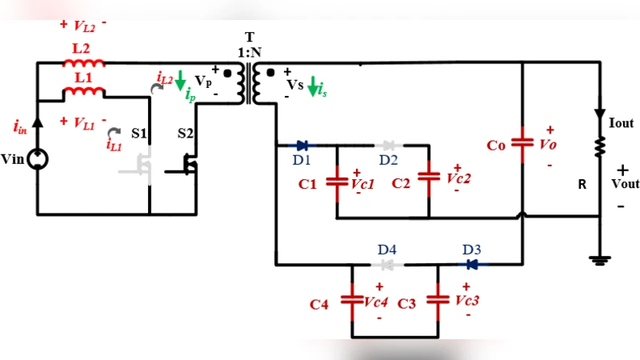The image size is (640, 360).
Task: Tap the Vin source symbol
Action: tap(38, 160)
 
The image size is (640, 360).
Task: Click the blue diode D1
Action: tap(302, 146)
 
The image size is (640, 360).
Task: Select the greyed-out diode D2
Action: tap(389, 146)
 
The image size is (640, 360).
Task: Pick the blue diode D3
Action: tap(472, 264)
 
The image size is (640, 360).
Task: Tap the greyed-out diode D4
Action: tap(388, 264)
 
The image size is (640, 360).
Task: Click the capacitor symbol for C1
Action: tap(337, 178)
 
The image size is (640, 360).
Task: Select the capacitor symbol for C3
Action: tap(437, 300)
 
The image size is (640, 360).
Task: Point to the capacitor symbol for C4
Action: tap(352, 300)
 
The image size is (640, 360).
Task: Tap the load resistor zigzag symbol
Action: tap(599, 144)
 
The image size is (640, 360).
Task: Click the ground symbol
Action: tap(599, 259)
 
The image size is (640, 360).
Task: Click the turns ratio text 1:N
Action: tap(249, 51)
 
